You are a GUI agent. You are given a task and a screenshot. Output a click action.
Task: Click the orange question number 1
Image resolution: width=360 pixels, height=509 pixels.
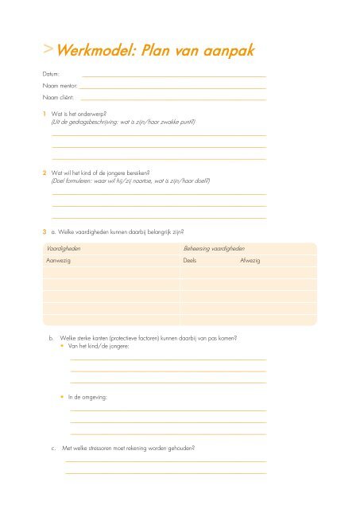(x=45, y=115)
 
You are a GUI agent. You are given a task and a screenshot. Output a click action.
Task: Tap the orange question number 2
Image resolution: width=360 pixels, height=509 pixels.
(x=45, y=173)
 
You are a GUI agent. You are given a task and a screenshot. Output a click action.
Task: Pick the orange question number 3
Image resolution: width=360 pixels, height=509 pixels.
(x=45, y=231)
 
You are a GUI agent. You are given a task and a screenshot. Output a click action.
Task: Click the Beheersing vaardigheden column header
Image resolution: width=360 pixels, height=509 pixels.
(x=214, y=249)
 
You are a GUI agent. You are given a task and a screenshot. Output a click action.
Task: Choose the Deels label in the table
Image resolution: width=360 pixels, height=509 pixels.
(x=190, y=261)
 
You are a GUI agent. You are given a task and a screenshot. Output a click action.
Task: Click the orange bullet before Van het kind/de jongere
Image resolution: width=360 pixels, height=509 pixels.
(x=63, y=348)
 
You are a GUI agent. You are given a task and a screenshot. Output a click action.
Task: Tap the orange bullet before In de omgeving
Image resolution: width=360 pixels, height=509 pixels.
(x=63, y=395)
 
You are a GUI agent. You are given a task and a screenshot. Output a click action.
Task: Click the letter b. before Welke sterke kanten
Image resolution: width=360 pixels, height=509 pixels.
(x=52, y=338)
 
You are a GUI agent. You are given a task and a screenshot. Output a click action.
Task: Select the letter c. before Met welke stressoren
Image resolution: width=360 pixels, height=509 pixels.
(x=52, y=448)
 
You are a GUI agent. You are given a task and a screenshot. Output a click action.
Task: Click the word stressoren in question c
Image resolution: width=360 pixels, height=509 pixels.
(x=110, y=448)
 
